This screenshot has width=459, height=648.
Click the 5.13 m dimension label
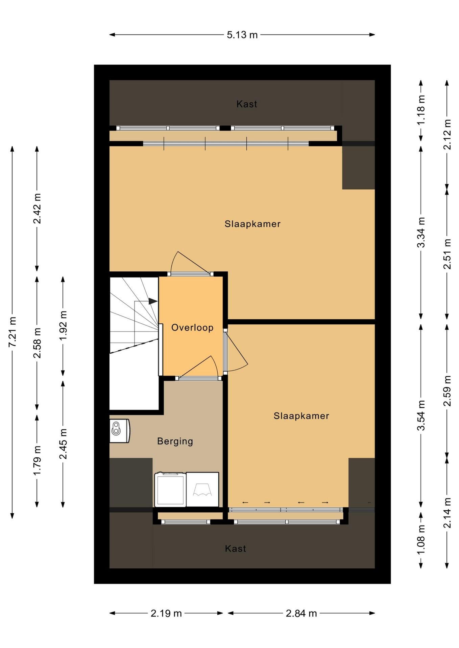coord(242,35)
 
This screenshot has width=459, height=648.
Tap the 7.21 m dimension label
coord(13,332)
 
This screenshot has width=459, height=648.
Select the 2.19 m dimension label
coord(166,613)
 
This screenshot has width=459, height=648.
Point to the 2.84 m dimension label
coord(301,613)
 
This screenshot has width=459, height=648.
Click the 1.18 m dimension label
coord(421,110)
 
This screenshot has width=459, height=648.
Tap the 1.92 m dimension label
coord(63,326)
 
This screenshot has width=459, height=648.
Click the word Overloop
coord(192,328)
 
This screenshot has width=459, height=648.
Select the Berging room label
coord(175,441)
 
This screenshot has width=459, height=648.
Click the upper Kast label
coord(247,104)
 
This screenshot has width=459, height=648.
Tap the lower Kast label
coord(236,549)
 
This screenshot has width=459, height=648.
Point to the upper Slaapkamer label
coord(252,224)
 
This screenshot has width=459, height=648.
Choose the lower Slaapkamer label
coord(301,416)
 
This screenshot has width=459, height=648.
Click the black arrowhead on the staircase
coord(153,301)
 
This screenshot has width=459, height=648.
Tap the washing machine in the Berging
coord(170,489)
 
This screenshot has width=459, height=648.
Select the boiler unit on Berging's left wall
coord(120,431)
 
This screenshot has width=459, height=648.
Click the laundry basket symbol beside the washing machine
coord(202,489)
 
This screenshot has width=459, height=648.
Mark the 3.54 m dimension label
coord(421,415)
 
